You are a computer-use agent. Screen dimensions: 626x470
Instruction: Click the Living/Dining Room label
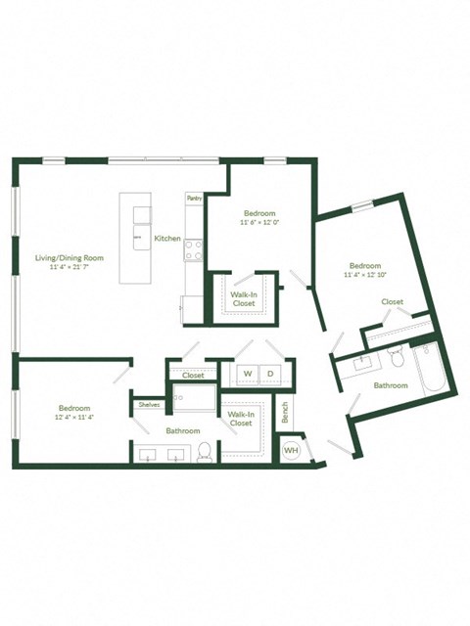point(70,258)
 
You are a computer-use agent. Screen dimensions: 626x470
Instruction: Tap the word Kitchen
point(167,239)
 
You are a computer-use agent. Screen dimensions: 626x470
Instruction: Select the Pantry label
point(194,198)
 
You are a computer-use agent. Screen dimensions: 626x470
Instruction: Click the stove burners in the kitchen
point(194,251)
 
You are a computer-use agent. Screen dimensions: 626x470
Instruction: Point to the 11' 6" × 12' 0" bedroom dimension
point(259,223)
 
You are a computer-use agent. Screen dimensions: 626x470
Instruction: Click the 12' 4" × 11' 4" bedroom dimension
point(74,418)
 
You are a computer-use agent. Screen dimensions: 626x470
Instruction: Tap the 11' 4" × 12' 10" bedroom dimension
point(365,276)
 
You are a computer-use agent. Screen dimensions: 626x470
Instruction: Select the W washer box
point(247,375)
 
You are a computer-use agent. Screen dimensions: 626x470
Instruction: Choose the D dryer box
point(270,375)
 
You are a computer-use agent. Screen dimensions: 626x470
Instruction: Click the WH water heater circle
point(291,450)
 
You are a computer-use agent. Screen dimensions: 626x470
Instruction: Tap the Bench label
point(285,414)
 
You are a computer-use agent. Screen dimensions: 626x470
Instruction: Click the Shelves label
point(149,404)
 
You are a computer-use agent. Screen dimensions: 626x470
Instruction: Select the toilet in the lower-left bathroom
point(205,451)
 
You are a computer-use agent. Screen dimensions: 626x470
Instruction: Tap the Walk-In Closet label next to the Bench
point(241,419)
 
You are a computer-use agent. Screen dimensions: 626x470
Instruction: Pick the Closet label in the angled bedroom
point(392,302)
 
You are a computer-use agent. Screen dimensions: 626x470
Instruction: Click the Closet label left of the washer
point(193,375)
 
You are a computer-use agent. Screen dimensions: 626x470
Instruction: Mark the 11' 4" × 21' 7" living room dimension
point(70,268)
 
